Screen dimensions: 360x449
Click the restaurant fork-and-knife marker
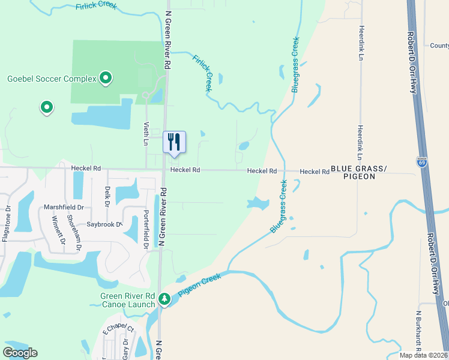tap(174, 142)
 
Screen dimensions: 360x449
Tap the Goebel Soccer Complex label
tap(52, 79)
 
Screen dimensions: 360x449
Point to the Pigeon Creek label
tap(199, 285)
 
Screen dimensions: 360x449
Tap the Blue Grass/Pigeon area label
tap(359, 172)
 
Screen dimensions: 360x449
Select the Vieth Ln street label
tap(146, 134)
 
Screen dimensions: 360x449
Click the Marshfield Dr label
tap(63, 207)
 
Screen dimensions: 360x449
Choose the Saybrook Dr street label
tap(104, 224)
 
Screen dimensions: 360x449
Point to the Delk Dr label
tap(107, 196)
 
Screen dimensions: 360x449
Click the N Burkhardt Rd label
tap(418, 329)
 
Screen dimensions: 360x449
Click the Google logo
tap(20, 353)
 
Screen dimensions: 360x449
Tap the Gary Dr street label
tap(125, 347)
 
